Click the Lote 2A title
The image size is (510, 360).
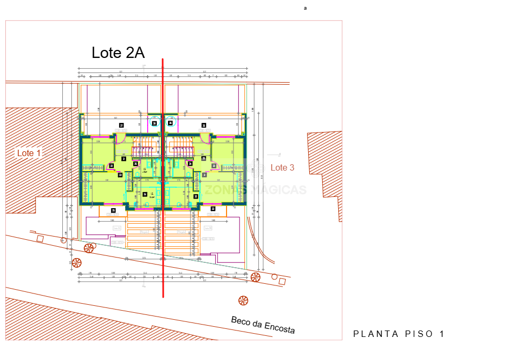point(118,53)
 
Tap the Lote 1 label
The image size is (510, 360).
point(29,153)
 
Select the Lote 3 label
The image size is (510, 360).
point(282,168)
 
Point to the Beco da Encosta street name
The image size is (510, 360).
point(263,325)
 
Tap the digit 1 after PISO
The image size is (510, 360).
point(442,334)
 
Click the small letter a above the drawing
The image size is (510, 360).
point(305,8)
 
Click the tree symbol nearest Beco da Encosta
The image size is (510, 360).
point(243,300)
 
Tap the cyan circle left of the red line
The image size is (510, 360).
point(155,122)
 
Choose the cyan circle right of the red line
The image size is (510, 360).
point(171,122)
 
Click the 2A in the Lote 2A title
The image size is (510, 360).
point(135,53)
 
